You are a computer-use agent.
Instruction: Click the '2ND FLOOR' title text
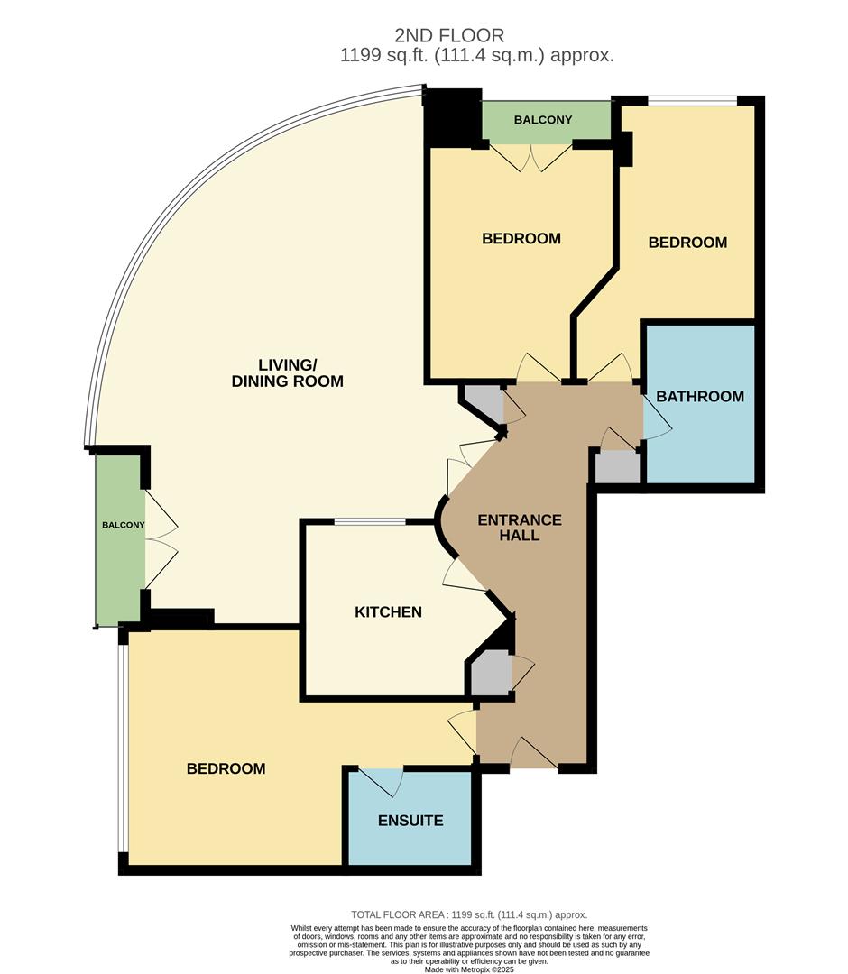pyautogui.click(x=449, y=35)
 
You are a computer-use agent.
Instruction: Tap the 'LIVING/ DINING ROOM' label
pyautogui.click(x=288, y=372)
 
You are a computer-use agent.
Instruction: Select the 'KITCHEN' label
pyautogui.click(x=388, y=612)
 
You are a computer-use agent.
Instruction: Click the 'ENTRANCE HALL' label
pyautogui.click(x=520, y=528)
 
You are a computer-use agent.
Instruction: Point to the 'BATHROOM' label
pyautogui.click(x=700, y=397)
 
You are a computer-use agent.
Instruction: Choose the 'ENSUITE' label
pyautogui.click(x=410, y=821)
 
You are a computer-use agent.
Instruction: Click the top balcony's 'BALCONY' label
pyautogui.click(x=543, y=120)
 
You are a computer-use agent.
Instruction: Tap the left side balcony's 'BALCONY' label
pyautogui.click(x=123, y=525)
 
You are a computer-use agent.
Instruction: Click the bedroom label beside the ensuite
pyautogui.click(x=226, y=769)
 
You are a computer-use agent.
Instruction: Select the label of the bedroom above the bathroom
pyautogui.click(x=687, y=243)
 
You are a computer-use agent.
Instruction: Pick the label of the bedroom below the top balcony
pyautogui.click(x=521, y=239)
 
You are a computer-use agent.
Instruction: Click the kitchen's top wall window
pyautogui.click(x=370, y=521)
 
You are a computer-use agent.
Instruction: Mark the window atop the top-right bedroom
pyautogui.click(x=693, y=101)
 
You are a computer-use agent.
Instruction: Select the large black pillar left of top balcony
pyautogui.click(x=453, y=117)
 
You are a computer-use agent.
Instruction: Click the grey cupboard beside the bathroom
pyautogui.click(x=617, y=467)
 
